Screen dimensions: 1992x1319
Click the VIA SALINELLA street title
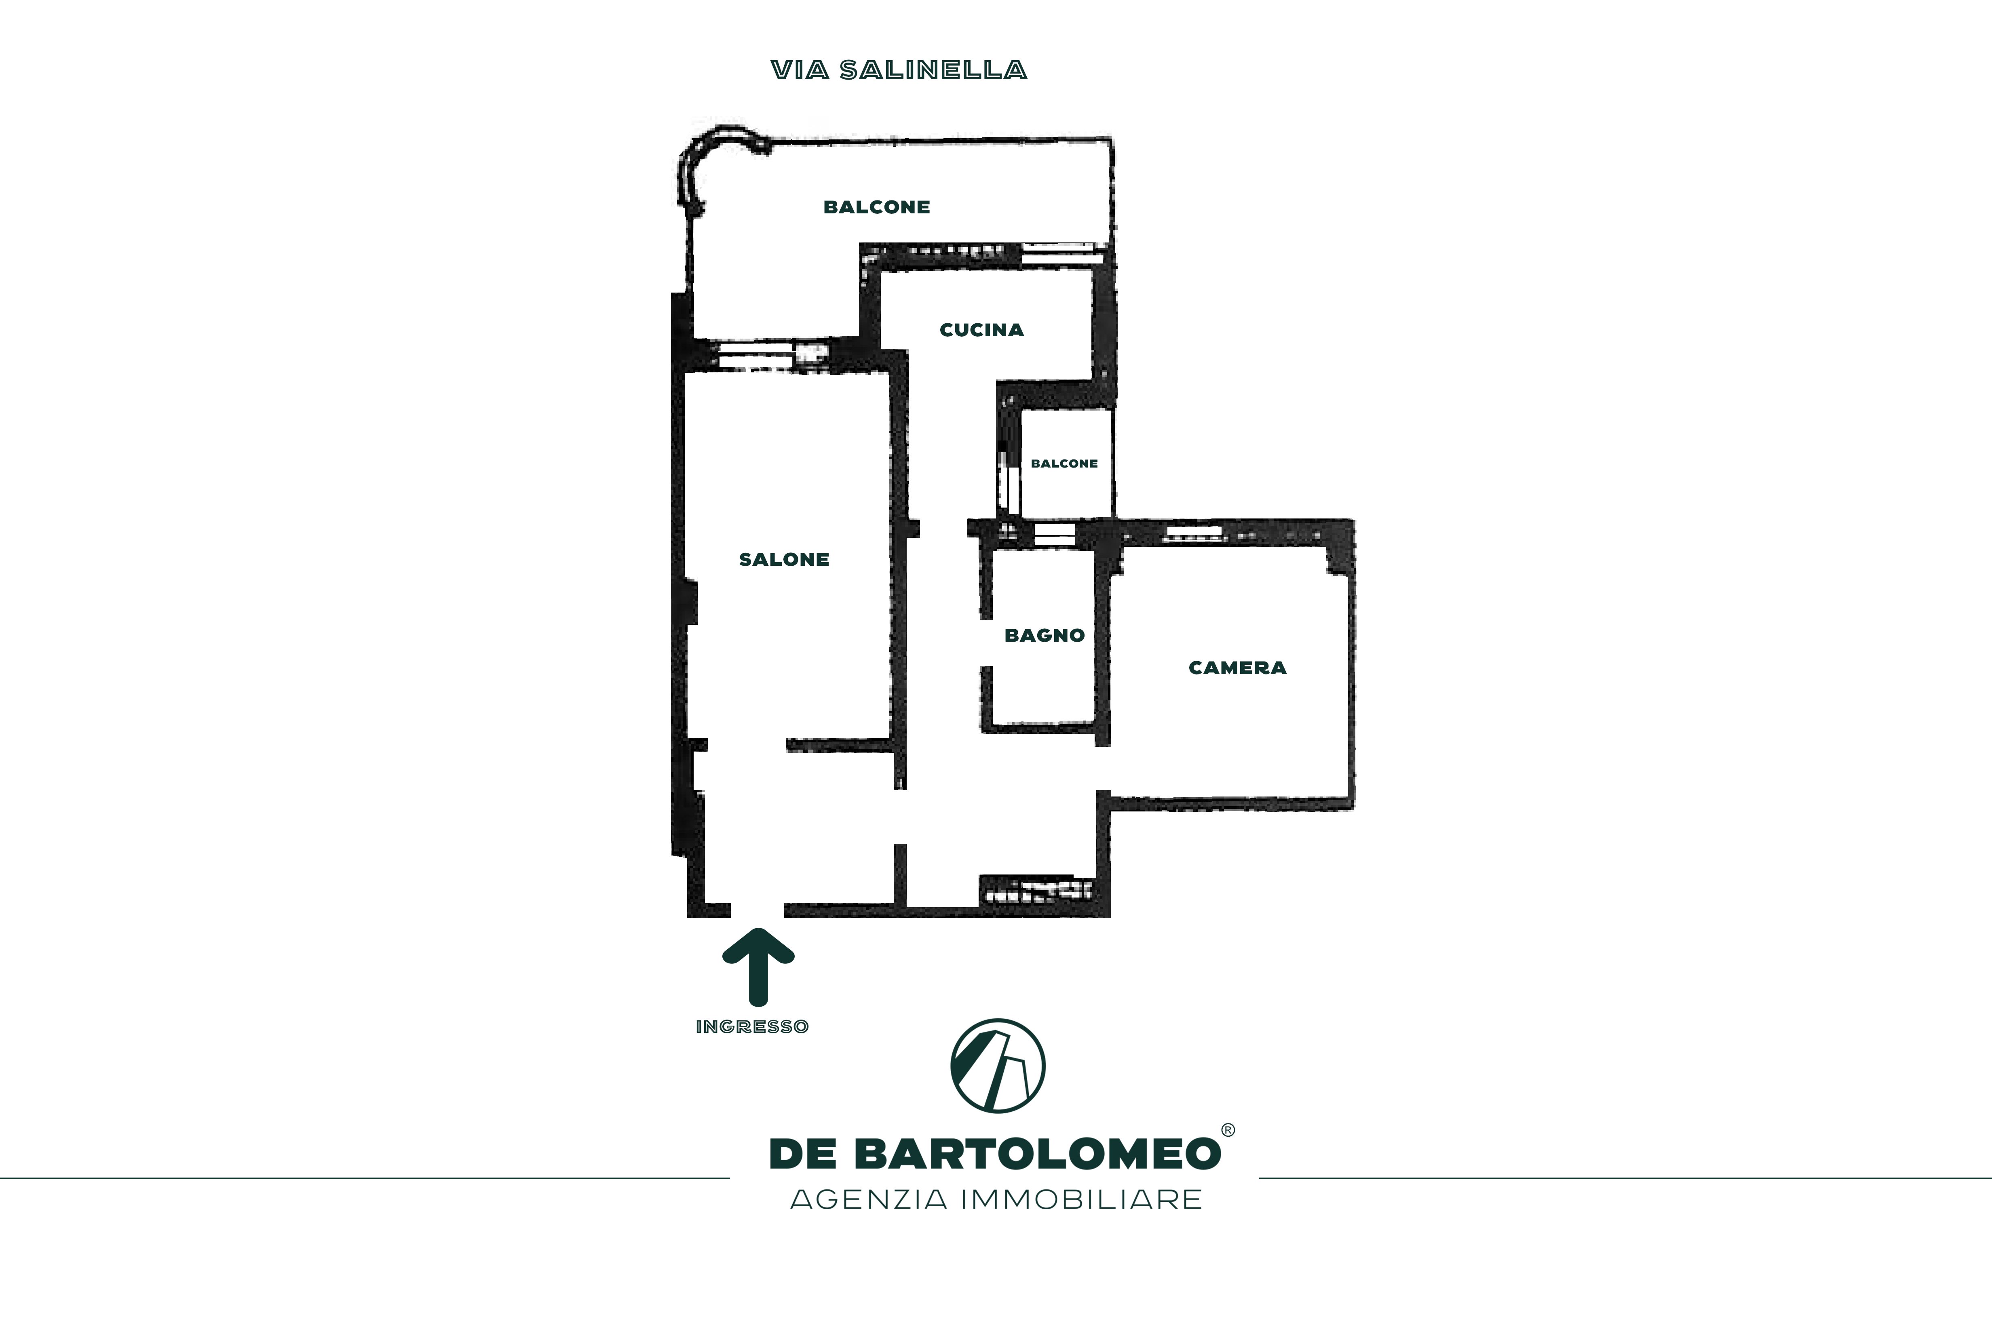(x=899, y=71)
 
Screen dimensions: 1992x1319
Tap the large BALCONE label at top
(x=876, y=207)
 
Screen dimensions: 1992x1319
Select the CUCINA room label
(x=982, y=330)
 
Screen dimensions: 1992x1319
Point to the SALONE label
(x=784, y=559)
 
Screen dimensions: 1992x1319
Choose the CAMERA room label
(x=1237, y=668)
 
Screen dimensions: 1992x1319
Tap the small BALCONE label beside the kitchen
(x=1064, y=464)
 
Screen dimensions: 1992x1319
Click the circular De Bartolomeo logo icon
(x=998, y=1066)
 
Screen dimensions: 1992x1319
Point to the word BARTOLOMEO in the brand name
(x=1038, y=1154)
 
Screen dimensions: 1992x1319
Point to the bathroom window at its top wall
(x=1055, y=535)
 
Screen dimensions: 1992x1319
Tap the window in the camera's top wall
(x=1193, y=533)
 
